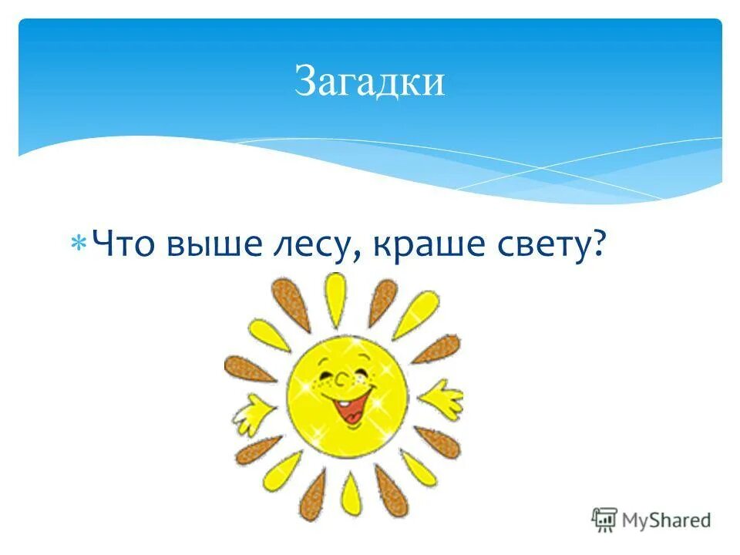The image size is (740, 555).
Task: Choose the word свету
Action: pos(538,246)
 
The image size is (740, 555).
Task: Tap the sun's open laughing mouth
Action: pos(351,405)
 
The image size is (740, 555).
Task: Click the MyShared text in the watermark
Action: pos(667,520)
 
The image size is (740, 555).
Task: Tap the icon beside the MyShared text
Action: pos(605,519)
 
